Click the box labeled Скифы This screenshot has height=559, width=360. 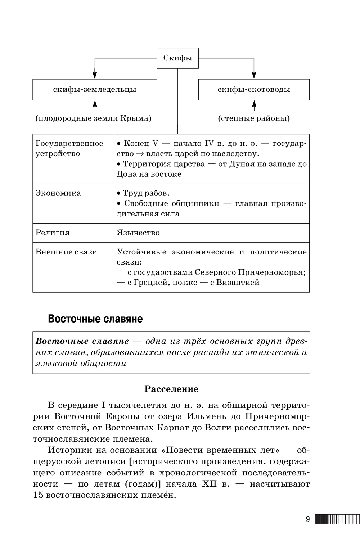[177, 58]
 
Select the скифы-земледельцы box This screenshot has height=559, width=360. [95, 90]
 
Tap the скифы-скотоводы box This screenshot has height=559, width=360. [253, 90]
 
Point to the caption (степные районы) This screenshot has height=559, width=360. [254, 118]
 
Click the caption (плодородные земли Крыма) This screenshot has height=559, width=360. [93, 118]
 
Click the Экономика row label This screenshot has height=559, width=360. [58, 193]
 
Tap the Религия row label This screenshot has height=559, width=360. [52, 233]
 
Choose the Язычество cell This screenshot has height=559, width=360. [138, 233]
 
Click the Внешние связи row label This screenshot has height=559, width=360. [66, 252]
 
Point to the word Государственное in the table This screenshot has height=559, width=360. [69, 143]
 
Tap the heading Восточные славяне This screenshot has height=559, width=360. [95, 319]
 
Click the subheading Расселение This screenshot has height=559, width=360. [171, 389]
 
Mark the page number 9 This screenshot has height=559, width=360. [307, 519]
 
